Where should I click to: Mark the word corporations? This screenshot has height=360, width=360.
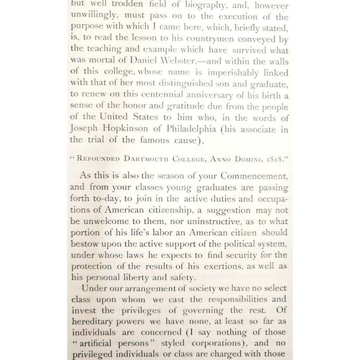[207, 344]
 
